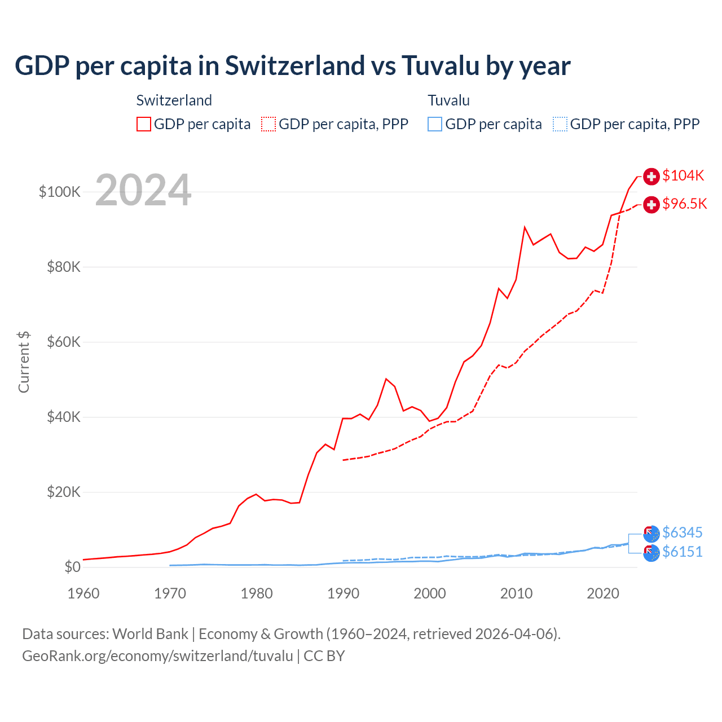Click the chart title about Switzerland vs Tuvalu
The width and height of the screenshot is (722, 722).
tap(292, 66)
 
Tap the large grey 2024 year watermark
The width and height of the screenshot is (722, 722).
tap(143, 190)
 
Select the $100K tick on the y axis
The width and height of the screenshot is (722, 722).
tap(60, 192)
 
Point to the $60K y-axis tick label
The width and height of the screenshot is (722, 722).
tap(64, 342)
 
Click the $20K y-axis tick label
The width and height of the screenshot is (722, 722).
tap(64, 492)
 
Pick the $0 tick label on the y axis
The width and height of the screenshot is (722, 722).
tap(72, 567)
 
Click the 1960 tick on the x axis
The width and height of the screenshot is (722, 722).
tap(83, 593)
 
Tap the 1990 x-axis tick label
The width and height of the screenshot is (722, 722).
tap(343, 593)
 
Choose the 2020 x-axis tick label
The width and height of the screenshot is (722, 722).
tap(603, 593)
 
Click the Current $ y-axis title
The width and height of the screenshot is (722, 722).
tap(24, 362)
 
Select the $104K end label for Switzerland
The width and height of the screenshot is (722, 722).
tap(683, 175)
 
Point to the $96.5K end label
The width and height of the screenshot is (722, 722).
tap(684, 204)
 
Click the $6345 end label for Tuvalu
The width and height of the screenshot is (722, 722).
tap(682, 532)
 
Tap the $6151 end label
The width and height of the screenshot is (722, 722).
tap(682, 552)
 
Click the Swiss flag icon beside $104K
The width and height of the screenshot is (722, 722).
tap(651, 176)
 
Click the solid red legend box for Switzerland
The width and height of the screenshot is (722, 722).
tap(144, 124)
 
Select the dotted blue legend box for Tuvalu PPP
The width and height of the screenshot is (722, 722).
tap(560, 124)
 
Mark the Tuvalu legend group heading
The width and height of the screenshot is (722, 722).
tap(448, 100)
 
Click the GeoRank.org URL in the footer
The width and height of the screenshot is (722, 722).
tap(157, 656)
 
